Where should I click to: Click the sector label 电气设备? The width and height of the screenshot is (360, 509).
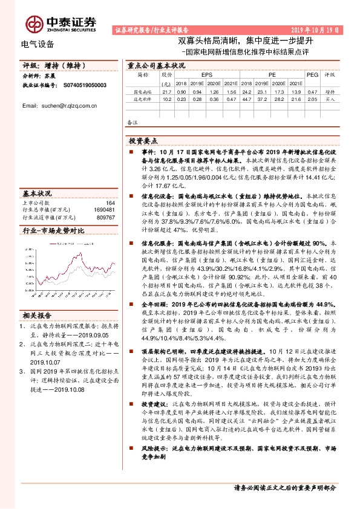[38, 44]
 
